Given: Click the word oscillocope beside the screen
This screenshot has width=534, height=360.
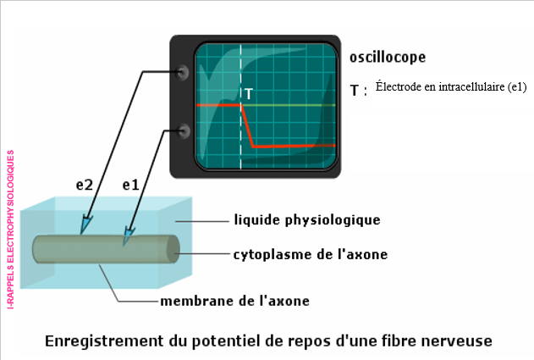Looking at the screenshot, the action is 387,58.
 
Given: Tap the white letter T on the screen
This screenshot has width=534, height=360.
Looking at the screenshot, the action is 248,93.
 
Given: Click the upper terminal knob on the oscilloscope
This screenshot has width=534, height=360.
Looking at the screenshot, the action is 183,73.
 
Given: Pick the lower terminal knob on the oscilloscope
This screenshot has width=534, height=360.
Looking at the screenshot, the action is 183,130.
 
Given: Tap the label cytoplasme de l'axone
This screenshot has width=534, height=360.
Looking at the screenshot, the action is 311,254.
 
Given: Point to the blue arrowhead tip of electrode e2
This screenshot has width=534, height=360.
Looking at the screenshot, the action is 83,228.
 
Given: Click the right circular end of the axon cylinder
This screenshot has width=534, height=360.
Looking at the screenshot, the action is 173,249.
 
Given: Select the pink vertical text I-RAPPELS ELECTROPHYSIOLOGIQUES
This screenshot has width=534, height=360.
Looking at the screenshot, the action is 10,230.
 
